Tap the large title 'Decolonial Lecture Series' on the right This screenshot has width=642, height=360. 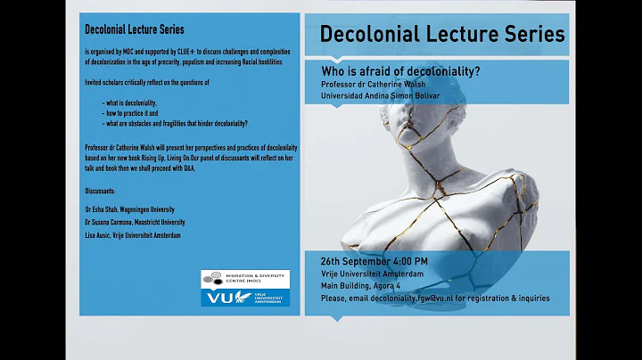pyautogui.click(x=441, y=35)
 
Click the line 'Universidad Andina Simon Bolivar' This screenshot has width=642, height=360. pyautogui.click(x=381, y=96)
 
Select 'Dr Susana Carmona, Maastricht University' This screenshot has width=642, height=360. pyautogui.click(x=135, y=221)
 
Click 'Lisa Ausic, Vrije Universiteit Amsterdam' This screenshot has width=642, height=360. pyautogui.click(x=133, y=234)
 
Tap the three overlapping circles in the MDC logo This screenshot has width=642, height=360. pyautogui.click(x=213, y=279)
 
